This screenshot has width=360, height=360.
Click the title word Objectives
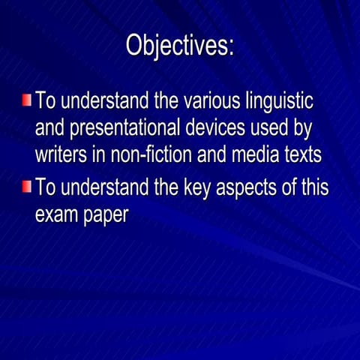click(179, 45)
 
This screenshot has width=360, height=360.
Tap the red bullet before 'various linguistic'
click(26, 100)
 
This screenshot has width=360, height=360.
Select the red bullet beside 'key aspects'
click(26, 186)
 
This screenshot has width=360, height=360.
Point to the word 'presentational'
click(121, 129)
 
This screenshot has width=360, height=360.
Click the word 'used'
click(268, 128)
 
